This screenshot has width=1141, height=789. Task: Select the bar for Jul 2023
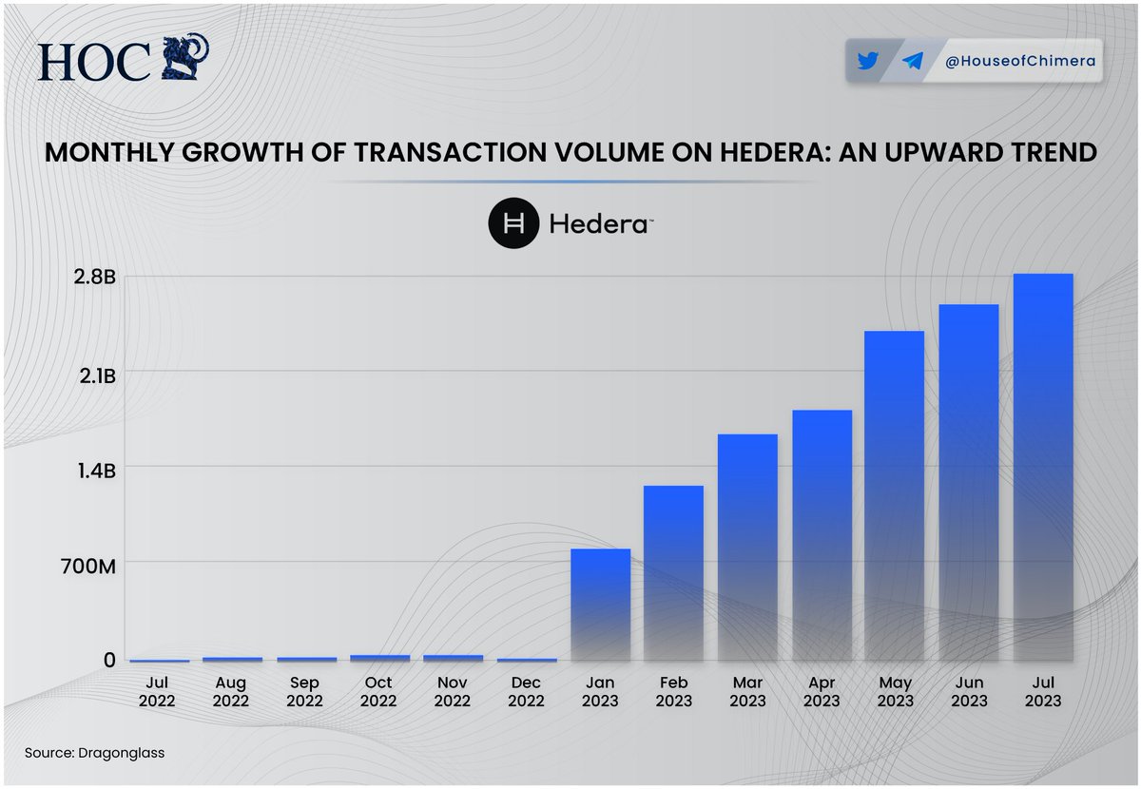[1043, 466]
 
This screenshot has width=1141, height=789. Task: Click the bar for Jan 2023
[600, 605]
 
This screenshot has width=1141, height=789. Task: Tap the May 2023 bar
[895, 494]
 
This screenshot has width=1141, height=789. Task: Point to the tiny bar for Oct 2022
[378, 657]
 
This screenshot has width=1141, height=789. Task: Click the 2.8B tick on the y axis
[97, 278]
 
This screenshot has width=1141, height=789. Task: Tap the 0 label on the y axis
[109, 660]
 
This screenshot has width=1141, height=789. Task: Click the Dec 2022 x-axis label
[526, 691]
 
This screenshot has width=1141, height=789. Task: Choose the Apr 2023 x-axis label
[822, 691]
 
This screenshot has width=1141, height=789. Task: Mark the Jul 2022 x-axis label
[157, 691]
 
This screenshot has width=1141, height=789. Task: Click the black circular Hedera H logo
[513, 224]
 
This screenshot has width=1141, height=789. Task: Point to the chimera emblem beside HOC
[184, 60]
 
